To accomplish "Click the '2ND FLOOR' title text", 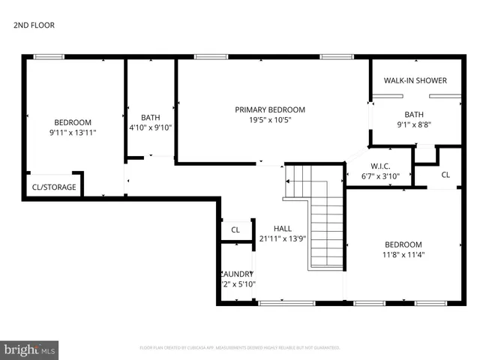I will click(x=34, y=25).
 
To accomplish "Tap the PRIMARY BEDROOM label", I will click(x=270, y=109).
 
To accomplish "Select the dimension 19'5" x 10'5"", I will click(x=270, y=120).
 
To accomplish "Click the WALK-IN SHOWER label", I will click(x=415, y=80).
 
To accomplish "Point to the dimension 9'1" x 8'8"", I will click(x=414, y=125).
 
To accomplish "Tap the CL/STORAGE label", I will click(x=54, y=187).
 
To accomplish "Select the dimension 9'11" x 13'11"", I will click(x=72, y=133).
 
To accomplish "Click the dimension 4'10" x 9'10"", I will click(x=151, y=127).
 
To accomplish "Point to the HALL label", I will click(x=282, y=229).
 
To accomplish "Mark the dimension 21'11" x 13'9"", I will click(x=282, y=239).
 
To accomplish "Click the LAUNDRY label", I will click(x=238, y=274).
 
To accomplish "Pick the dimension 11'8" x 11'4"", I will click(x=403, y=255).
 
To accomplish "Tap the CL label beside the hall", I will click(x=235, y=230).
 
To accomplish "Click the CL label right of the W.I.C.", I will click(x=445, y=175).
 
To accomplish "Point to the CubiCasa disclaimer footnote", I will click(x=240, y=347).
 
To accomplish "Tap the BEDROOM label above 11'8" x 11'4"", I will click(x=403, y=244).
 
